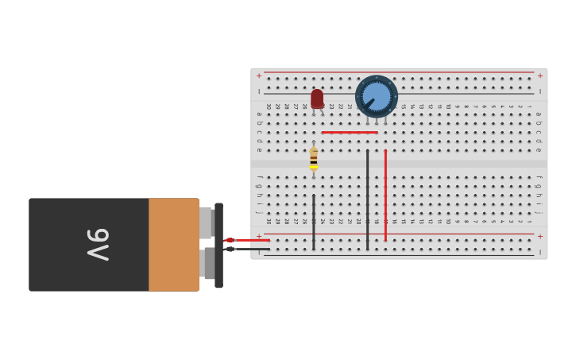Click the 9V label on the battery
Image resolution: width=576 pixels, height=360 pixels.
tap(97, 245)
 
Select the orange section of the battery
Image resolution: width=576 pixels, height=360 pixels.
tap(173, 245)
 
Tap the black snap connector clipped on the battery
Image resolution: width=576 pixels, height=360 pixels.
tap(218, 245)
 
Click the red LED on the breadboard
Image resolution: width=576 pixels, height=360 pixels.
tap(317, 99)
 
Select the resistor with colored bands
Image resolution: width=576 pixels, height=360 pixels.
tap(314, 157)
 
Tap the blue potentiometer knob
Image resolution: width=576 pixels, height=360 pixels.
tap(377, 96)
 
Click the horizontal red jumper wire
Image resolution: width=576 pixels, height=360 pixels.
tap(350, 132)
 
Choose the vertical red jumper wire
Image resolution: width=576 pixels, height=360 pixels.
tap(385, 195)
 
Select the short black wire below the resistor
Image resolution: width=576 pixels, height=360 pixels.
tap(313, 222)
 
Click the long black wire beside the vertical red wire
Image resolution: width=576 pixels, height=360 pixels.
tap(367, 199)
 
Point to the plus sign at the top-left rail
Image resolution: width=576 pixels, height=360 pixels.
tap(259, 76)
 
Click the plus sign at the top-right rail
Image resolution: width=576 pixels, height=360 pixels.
tap(539, 76)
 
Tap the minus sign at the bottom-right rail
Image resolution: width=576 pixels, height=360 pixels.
tap(539, 252)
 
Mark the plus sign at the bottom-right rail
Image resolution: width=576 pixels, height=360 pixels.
tap(539, 236)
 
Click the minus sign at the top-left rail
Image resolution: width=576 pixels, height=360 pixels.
tap(259, 91)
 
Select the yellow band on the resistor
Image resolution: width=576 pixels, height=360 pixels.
tap(314, 166)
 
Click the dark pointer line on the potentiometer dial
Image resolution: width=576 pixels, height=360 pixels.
tap(369, 103)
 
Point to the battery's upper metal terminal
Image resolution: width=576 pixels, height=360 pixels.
tap(206, 223)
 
